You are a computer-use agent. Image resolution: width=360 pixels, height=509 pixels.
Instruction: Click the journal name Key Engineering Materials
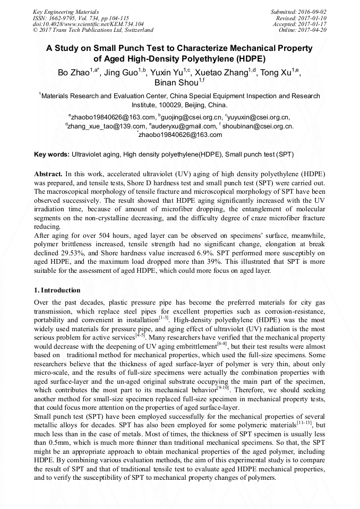(x=65, y=11)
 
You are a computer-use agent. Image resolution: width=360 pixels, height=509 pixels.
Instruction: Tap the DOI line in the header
(x=81, y=24)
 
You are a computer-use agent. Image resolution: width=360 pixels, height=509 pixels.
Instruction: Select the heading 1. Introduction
(x=57, y=290)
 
